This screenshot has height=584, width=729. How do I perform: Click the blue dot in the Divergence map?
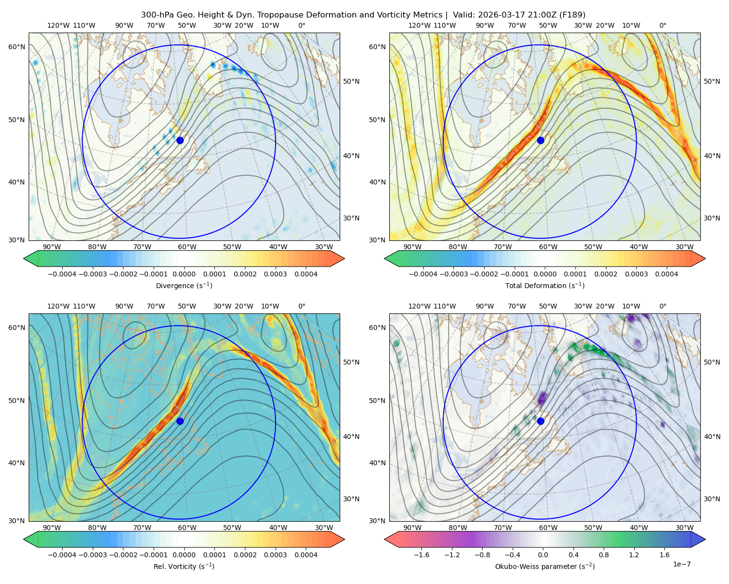(180, 140)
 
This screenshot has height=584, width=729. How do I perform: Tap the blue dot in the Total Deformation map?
(540, 140)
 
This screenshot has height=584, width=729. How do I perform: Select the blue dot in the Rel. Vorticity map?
(180, 421)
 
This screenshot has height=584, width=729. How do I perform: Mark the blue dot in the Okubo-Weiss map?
(540, 421)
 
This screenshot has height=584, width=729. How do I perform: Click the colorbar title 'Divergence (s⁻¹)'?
(184, 285)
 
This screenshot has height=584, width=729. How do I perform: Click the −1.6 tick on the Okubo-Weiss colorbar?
(421, 554)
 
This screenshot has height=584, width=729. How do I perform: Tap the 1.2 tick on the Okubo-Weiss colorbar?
(634, 554)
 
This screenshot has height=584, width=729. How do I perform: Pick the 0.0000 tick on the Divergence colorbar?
(184, 274)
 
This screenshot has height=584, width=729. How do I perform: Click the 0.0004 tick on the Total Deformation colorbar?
(666, 274)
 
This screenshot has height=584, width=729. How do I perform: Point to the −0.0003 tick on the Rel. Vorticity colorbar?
(92, 554)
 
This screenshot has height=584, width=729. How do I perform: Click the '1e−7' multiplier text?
(681, 564)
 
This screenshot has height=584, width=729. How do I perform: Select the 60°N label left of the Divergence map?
(17, 47)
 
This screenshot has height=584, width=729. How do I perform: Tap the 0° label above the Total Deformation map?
(662, 25)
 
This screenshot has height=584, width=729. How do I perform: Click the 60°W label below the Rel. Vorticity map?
(187, 528)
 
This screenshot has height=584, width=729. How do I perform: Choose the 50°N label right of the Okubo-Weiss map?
(712, 362)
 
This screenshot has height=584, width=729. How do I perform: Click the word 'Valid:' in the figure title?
(463, 15)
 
